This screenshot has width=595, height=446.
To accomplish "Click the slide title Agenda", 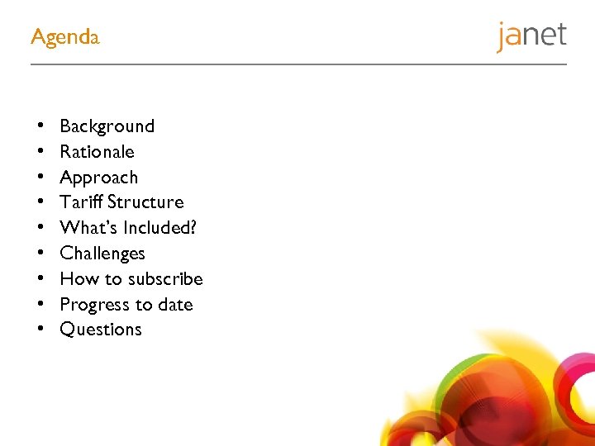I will [x=64, y=37].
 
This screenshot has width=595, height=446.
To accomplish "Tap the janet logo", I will [x=531, y=36].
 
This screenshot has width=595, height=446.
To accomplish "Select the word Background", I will [x=107, y=126].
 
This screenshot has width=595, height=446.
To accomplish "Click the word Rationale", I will [x=97, y=152].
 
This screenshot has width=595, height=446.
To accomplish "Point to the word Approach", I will [x=99, y=178].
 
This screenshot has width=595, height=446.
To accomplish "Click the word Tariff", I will [x=80, y=202].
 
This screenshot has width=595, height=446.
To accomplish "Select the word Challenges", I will [x=102, y=254].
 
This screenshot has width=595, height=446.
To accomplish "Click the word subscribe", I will [x=165, y=279].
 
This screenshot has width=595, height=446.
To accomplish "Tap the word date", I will [x=175, y=305].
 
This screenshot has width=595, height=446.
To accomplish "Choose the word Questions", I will [x=101, y=330].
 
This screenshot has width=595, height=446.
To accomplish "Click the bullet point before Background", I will [x=40, y=126].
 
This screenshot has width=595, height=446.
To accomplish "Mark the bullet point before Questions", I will [x=40, y=330].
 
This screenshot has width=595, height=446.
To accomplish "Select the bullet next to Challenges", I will [x=40, y=254].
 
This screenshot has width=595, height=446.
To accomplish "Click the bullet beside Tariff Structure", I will [x=40, y=202].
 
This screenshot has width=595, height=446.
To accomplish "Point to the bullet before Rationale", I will [x=40, y=152].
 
